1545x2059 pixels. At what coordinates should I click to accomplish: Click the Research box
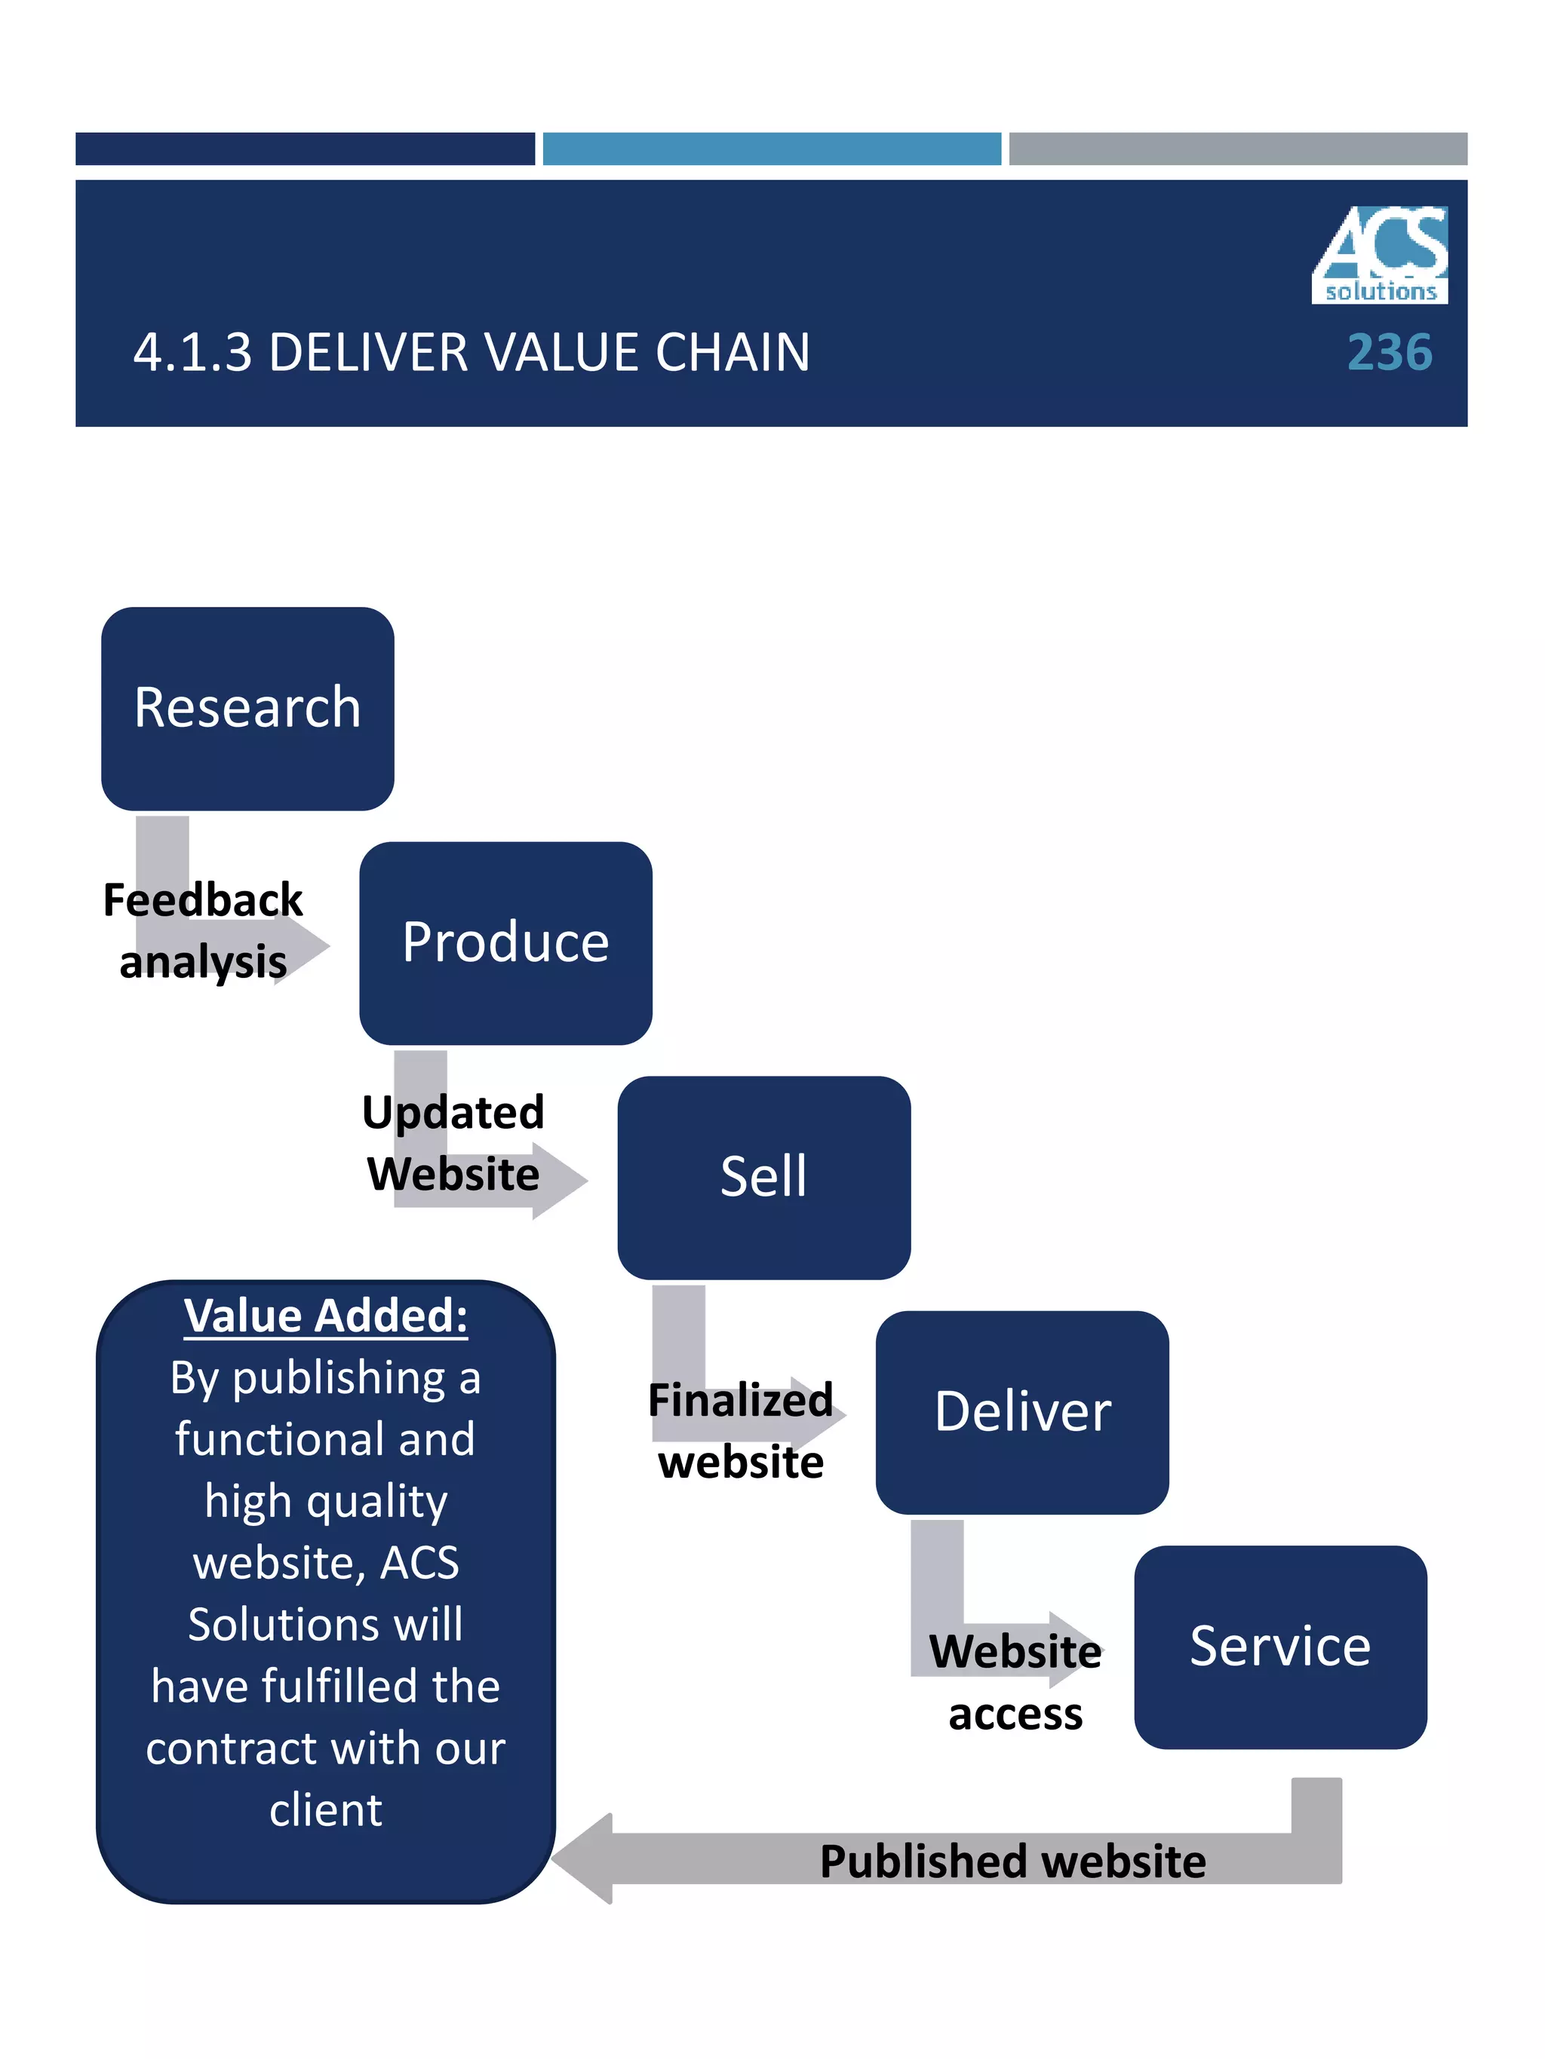[x=247, y=709]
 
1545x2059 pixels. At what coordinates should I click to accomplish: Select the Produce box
[x=505, y=943]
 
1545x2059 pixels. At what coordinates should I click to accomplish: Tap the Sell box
[x=763, y=1178]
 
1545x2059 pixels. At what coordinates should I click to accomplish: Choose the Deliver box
[x=1021, y=1412]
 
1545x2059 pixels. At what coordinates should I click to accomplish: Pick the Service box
[x=1279, y=1647]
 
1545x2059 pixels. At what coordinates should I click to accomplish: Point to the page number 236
[x=1389, y=353]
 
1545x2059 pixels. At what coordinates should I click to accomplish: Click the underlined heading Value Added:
[x=325, y=1316]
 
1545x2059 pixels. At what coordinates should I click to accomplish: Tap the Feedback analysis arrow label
[x=203, y=931]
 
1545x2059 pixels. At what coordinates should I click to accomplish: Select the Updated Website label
[x=453, y=1143]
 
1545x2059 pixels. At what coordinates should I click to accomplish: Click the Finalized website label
[x=740, y=1431]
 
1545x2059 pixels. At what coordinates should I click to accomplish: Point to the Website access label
[x=1015, y=1682]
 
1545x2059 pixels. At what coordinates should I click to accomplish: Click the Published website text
[x=1012, y=1861]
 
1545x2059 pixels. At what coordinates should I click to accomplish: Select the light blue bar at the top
[x=771, y=149]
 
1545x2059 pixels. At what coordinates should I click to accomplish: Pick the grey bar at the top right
[x=1238, y=149]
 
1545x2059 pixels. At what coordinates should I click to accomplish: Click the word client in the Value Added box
[x=325, y=1810]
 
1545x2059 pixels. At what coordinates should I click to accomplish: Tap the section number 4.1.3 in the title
[x=193, y=353]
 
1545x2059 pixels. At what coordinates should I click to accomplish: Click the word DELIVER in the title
[x=368, y=353]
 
